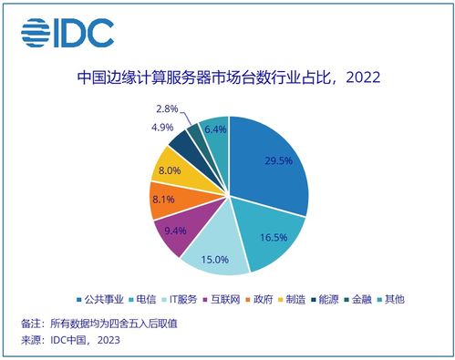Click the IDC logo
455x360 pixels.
pyautogui.click(x=68, y=33)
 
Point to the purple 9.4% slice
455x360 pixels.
pyautogui.click(x=174, y=231)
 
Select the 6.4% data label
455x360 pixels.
pyautogui.click(x=214, y=130)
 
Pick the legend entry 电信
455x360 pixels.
pyautogui.click(x=150, y=298)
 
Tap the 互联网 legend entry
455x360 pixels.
pyautogui.click(x=228, y=298)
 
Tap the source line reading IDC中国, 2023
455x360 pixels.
pyautogui.click(x=69, y=341)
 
